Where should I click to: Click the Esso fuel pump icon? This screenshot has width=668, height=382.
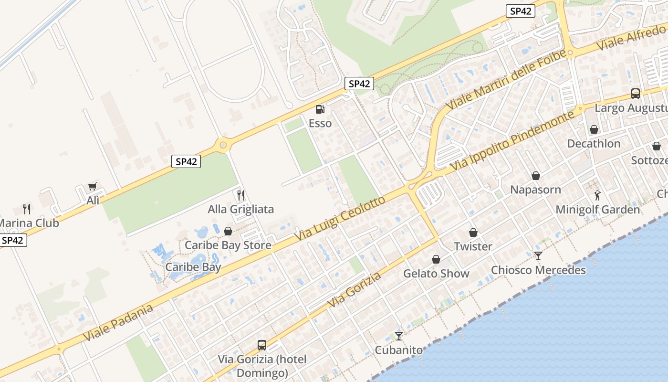(320, 109)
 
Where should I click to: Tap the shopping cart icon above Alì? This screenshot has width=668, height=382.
(93, 187)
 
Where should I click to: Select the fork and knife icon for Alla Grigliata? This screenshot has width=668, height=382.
(241, 195)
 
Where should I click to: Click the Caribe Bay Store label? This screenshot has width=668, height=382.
(228, 245)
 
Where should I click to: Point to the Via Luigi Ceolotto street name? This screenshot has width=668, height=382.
(339, 219)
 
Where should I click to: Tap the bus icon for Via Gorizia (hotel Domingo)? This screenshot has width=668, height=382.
(261, 345)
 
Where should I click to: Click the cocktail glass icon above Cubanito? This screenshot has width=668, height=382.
(399, 336)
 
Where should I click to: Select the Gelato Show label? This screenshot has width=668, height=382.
(436, 274)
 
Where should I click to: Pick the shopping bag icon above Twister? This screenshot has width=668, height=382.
(473, 233)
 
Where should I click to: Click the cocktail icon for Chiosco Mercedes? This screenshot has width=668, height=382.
(538, 256)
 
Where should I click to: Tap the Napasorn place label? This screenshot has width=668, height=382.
(535, 190)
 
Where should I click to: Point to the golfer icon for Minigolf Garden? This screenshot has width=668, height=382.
(597, 195)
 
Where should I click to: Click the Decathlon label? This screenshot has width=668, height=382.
(594, 144)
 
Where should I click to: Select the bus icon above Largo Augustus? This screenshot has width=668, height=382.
(635, 94)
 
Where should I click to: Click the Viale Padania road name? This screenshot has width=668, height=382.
(118, 322)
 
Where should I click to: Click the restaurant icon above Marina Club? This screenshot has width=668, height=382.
(27, 209)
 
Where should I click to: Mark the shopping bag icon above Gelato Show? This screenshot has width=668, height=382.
(436, 259)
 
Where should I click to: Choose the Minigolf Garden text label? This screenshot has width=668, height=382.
(597, 210)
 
